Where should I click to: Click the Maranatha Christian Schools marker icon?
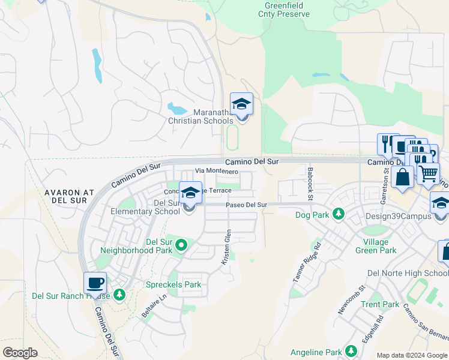(241, 104)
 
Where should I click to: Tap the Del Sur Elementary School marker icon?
(190, 193)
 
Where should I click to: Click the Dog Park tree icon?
(339, 214)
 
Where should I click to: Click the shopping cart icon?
(428, 174)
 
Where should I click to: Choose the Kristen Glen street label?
(226, 247)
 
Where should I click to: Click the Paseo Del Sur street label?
(246, 205)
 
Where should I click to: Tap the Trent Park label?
(380, 304)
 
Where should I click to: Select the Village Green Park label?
(375, 246)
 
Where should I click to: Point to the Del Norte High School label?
(408, 273)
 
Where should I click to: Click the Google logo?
(20, 353)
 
